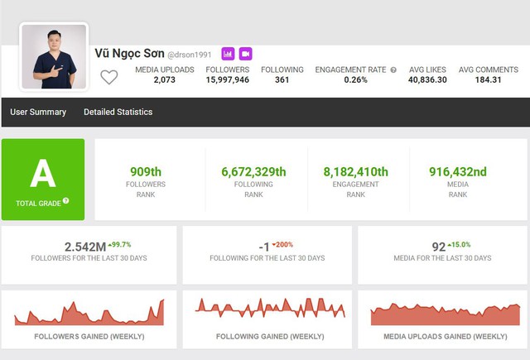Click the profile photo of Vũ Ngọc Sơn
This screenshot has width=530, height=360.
(54, 56)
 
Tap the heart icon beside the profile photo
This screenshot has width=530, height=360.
(108, 77)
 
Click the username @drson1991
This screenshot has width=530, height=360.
(189, 55)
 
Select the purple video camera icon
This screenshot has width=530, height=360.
(245, 54)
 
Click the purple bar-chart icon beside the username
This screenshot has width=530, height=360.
(228, 54)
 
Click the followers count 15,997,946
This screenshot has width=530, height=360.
(228, 80)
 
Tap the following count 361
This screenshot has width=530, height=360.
(282, 80)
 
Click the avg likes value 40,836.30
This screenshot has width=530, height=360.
(427, 80)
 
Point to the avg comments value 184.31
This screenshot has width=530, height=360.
(488, 80)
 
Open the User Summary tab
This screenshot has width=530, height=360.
(38, 112)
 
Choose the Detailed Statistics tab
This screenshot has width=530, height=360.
(118, 112)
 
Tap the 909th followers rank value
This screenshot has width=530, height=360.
(146, 171)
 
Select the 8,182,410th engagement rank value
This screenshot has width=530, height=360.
(355, 171)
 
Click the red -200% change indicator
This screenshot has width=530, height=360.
(284, 244)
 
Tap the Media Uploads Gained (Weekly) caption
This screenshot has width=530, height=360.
(446, 337)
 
